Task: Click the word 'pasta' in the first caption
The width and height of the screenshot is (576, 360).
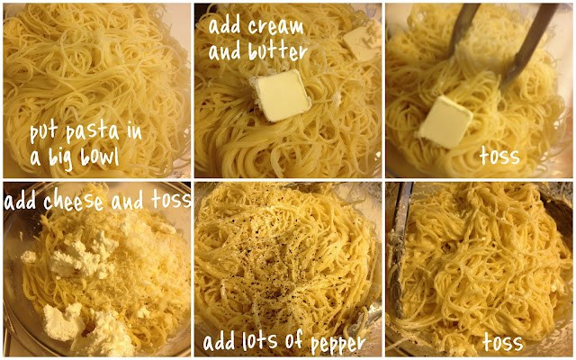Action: (93, 132)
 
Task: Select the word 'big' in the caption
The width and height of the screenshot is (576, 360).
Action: (62, 158)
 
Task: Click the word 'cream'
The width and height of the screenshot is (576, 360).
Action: (276, 26)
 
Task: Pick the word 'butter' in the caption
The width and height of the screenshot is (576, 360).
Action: (278, 50)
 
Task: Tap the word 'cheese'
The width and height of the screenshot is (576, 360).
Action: (73, 202)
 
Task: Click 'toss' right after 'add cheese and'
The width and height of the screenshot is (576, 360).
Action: (171, 201)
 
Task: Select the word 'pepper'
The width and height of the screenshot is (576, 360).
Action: (338, 344)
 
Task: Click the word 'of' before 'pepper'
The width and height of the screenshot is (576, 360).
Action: (294, 339)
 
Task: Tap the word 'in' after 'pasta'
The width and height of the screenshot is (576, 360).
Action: (134, 132)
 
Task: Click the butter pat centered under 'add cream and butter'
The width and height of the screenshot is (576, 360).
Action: (282, 95)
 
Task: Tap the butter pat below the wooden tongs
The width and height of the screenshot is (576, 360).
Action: (445, 122)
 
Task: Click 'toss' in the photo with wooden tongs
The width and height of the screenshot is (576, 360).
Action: (499, 157)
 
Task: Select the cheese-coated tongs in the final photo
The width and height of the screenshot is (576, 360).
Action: (399, 250)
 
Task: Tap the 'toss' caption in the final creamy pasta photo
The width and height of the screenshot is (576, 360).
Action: (503, 342)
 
